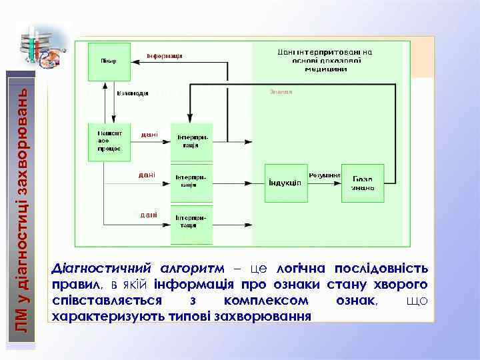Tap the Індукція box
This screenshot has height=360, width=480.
click(286, 182)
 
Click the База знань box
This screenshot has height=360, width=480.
click(363, 182)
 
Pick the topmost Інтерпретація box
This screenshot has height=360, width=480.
click(192, 142)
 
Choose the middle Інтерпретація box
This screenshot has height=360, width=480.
click(192, 181)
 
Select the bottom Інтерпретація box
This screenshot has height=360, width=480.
click(192, 221)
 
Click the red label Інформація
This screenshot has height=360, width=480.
click(165, 56)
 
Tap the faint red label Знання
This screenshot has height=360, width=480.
click(281, 91)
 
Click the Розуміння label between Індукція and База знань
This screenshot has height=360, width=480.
click(325, 175)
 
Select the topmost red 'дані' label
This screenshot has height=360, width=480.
click(149, 135)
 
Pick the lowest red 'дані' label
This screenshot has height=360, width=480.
click(148, 215)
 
